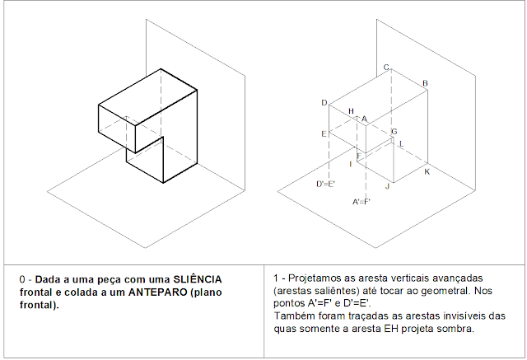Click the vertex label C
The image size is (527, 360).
(x=386, y=68)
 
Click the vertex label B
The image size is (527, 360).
(x=425, y=83)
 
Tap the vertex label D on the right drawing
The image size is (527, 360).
(x=324, y=103)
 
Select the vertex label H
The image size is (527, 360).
(x=351, y=111)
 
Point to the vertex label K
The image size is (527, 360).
(x=427, y=172)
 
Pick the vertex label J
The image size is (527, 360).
(x=387, y=187)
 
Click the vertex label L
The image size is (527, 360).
(x=401, y=144)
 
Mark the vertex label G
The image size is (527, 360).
(x=394, y=132)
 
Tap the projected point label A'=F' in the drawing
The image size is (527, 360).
(x=361, y=201)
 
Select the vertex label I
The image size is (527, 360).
(x=351, y=164)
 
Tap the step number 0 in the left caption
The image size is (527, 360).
(x=23, y=280)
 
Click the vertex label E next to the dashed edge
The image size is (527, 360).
(x=324, y=133)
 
